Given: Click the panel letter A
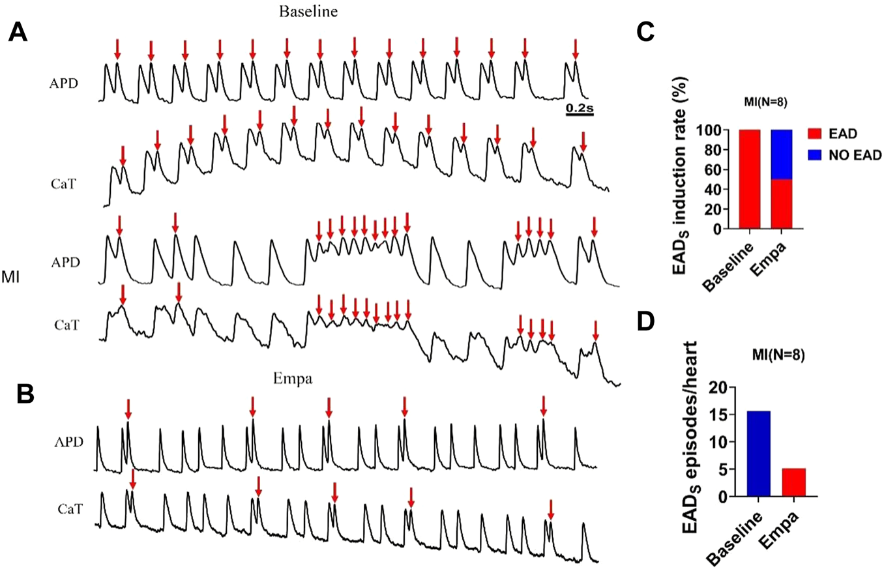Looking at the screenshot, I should [x=18, y=33].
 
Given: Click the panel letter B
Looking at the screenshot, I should [x=18, y=393].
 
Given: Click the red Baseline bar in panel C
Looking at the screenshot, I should [x=750, y=180].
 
